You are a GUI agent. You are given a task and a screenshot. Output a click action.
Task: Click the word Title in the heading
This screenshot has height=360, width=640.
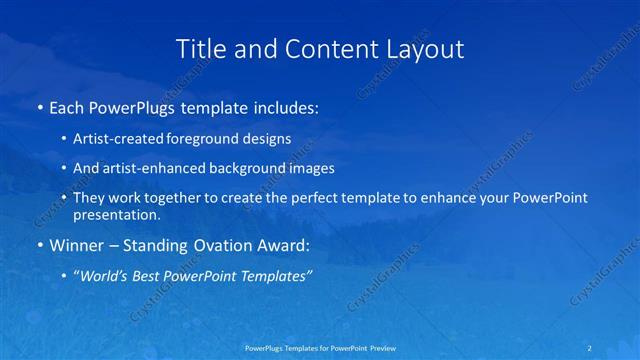click(202, 49)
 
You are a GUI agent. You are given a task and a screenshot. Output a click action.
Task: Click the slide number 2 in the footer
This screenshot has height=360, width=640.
click(592, 348)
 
